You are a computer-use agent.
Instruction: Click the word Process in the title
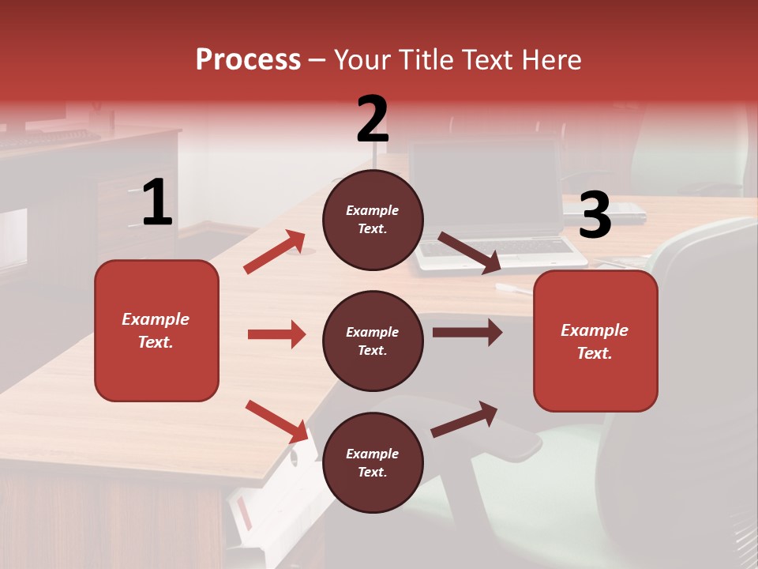[248, 59]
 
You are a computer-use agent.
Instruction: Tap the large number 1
[157, 202]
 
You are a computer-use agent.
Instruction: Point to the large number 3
[595, 216]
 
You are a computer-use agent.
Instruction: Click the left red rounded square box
[156, 330]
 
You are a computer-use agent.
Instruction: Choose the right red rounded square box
[595, 341]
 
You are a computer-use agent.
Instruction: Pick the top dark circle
[373, 220]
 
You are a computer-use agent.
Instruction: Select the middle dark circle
[373, 341]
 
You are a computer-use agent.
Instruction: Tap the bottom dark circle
[373, 463]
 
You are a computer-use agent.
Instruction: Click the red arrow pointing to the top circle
[275, 252]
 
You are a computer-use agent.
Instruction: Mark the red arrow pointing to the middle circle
[276, 334]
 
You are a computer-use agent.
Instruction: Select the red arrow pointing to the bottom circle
[276, 421]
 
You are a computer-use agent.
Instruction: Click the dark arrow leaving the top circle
[469, 253]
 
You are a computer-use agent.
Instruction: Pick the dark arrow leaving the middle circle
[467, 333]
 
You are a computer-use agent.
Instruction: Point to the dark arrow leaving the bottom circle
[464, 419]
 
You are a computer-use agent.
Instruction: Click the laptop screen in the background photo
[486, 190]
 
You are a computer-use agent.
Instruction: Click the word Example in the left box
[156, 319]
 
